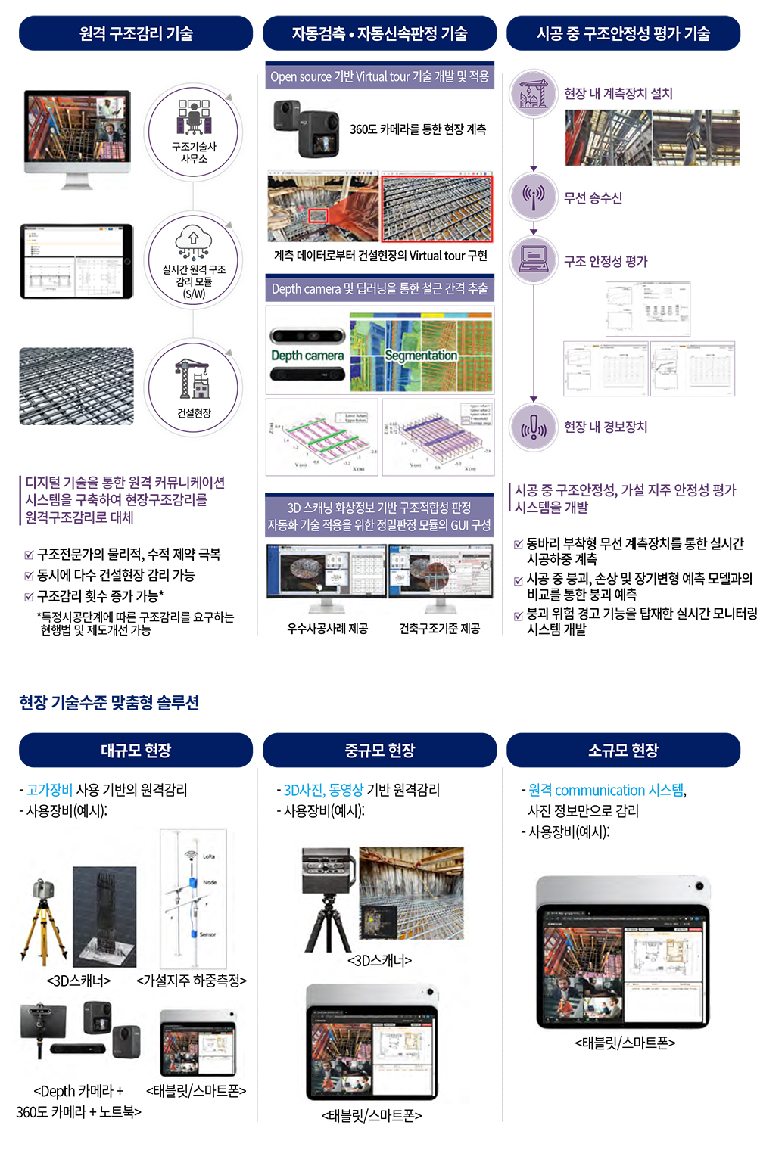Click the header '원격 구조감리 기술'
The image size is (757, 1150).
click(136, 33)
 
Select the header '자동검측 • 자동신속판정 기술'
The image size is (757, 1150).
click(379, 33)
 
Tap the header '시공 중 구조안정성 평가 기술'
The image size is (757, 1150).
click(623, 33)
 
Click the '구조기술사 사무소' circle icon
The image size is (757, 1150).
click(194, 132)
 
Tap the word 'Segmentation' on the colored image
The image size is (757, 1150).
click(421, 355)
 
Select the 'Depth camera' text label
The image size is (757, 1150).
click(307, 356)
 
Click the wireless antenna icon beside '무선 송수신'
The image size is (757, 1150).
click(534, 197)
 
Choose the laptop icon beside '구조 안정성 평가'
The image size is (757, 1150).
click(534, 260)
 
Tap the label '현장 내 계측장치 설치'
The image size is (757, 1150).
click(618, 93)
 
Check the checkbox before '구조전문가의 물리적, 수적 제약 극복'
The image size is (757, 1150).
click(29, 555)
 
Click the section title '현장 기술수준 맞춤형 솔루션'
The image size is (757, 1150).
click(109, 702)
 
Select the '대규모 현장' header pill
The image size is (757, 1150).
click(136, 750)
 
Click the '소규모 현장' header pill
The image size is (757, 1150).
click(623, 750)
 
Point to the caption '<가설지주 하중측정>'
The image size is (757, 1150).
click(192, 980)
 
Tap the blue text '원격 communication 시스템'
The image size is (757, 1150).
click(606, 790)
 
